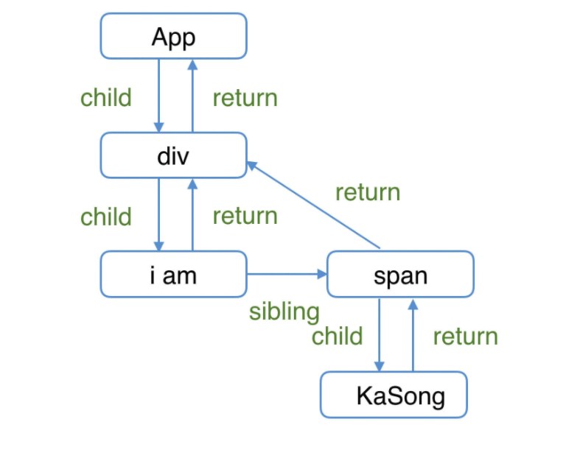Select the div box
[x=173, y=155]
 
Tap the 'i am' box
[x=173, y=275]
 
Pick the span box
[x=400, y=275]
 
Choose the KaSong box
[x=394, y=395]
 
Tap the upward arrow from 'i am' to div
[x=192, y=214]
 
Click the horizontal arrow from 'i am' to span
[x=287, y=274]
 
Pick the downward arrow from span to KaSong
[x=380, y=335]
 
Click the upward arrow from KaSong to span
[x=413, y=335]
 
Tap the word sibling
[x=284, y=312]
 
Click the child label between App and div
[x=106, y=97]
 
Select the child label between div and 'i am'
[x=106, y=217]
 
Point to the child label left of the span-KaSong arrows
[x=337, y=336]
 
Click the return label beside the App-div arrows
[x=245, y=97]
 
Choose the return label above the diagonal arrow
[x=367, y=192]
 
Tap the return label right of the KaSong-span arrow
[x=465, y=337]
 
